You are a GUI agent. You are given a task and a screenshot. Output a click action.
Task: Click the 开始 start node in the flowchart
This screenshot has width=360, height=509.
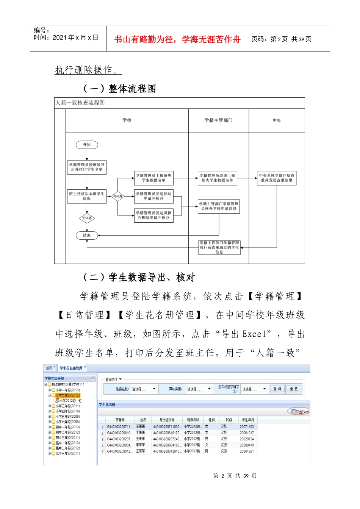point(87,145)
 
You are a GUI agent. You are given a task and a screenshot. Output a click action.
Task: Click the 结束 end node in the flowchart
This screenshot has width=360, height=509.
point(87,235)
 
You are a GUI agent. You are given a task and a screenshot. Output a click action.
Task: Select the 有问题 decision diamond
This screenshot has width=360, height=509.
point(118,196)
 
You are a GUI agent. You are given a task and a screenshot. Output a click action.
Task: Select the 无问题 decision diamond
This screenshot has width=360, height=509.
point(87,218)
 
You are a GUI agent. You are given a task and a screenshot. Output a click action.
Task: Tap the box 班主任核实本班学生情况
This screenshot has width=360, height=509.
point(87,196)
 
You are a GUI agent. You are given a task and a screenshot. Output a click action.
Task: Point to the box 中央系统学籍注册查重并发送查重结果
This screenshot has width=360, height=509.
point(277,178)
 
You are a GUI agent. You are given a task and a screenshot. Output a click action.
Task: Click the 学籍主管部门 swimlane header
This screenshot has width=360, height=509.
point(219,120)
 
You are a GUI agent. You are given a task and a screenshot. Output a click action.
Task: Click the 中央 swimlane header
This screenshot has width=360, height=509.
point(277,120)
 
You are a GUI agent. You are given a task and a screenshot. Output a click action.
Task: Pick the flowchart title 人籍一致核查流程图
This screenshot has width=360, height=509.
point(80,103)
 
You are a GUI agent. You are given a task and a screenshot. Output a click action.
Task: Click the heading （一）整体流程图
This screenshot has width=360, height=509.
point(119,89)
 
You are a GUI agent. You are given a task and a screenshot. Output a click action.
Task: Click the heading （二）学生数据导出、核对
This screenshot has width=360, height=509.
point(139,278)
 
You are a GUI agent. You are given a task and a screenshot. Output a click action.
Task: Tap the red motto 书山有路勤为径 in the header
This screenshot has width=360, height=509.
point(177,39)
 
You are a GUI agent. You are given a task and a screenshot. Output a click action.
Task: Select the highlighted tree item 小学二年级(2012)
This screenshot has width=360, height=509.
point(67,395)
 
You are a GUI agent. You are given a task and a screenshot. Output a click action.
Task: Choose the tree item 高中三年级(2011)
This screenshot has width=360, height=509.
point(67,453)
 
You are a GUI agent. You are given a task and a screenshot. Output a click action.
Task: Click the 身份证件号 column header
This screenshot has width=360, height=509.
point(167,420)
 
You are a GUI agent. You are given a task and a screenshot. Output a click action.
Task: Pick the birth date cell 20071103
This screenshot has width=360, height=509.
point(247,427)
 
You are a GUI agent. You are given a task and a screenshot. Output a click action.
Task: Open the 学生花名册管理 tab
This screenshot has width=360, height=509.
point(71,368)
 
